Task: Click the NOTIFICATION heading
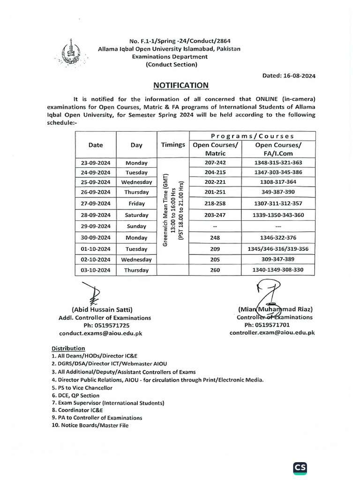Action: pos(181,85)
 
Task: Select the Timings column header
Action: pos(173,145)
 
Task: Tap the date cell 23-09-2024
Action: pos(96,163)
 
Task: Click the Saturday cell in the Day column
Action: pos(136,215)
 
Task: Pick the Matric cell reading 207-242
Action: pos(216,163)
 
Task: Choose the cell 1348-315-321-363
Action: pos(278,163)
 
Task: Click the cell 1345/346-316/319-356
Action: pos(278,248)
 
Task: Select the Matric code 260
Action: pos(216,270)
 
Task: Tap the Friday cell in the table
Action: pos(136,204)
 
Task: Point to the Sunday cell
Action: pos(136,226)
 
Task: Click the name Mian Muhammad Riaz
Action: pos(275,309)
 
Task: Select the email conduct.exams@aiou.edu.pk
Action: pos(100,333)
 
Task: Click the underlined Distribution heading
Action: pos(68,348)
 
